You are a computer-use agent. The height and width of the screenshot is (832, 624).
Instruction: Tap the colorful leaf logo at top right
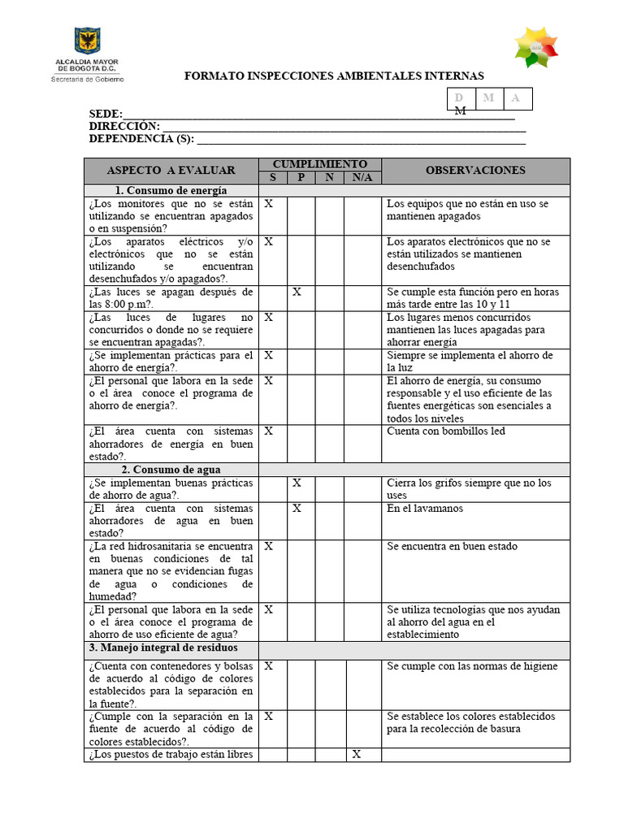536,47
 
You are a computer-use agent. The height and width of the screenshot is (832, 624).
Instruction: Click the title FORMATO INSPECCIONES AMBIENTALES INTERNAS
334,76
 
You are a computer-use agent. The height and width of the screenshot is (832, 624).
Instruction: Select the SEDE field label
106,114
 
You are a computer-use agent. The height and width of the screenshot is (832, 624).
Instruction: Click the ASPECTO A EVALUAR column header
171,171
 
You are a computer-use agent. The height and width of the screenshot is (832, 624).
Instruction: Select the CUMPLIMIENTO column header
319,164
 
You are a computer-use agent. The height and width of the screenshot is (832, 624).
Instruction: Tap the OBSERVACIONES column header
475,171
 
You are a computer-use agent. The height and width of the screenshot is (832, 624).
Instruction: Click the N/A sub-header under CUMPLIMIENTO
362,178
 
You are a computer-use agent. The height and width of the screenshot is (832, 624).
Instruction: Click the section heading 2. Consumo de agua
171,470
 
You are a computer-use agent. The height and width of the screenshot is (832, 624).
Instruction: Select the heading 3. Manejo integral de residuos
163,648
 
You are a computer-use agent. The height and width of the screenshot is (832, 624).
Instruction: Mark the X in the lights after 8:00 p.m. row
297,292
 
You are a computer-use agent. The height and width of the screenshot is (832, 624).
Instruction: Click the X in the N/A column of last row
356,755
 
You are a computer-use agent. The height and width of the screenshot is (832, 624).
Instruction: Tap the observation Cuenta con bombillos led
445,431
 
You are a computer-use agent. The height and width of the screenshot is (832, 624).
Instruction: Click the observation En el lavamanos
425,509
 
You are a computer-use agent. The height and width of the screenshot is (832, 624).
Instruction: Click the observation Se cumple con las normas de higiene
472,666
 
